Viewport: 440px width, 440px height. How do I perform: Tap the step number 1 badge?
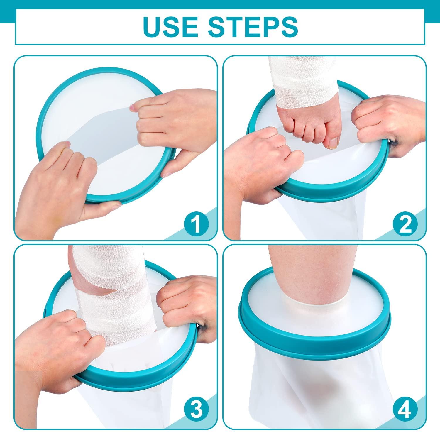196,224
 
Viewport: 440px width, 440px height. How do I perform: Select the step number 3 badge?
196,408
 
